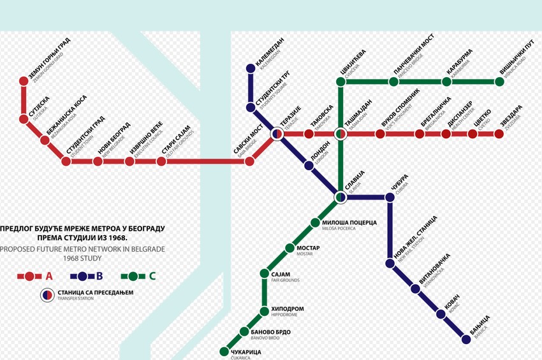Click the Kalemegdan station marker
[x=251, y=68]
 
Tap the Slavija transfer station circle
[x=341, y=198]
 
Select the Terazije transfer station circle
[x=277, y=134]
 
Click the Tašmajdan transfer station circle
[x=341, y=134]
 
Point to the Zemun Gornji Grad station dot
[x=24, y=81]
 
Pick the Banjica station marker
[x=466, y=340]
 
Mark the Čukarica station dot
[x=224, y=351]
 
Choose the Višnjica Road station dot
[x=500, y=82]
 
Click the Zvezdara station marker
[x=499, y=134]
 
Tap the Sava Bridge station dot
[x=250, y=161]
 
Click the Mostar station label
[x=307, y=247]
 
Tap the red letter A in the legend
[x=49, y=276]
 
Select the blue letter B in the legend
[x=99, y=276]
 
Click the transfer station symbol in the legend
[x=47, y=294]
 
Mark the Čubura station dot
[x=390, y=198]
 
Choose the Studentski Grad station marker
[x=66, y=161]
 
